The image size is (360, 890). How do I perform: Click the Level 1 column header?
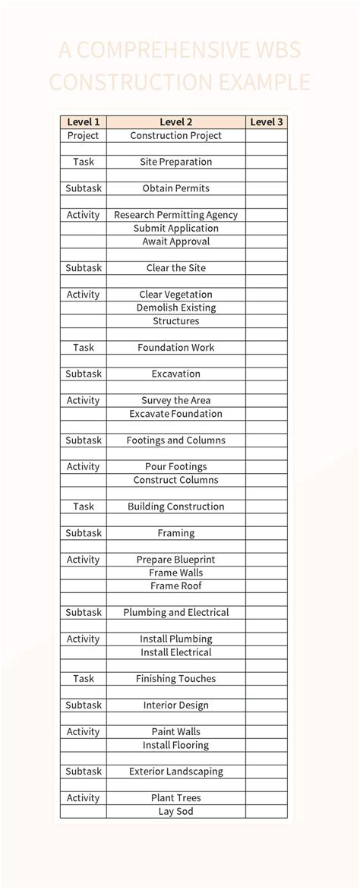pos(84,122)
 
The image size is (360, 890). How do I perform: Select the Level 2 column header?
pos(175,122)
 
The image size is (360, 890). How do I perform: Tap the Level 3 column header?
pos(266,122)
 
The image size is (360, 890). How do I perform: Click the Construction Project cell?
pos(175,135)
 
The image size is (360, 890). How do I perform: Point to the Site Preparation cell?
pos(175,162)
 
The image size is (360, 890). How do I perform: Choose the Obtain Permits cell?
pos(175,188)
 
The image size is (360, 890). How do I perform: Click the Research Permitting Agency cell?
pos(175,215)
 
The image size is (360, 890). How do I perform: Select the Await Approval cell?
pos(175,241)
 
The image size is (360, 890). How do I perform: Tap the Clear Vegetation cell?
pos(175,295)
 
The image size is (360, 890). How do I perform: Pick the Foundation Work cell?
pos(175,348)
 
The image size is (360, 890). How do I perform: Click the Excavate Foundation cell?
pos(175,414)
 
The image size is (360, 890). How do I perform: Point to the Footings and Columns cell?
pos(175,440)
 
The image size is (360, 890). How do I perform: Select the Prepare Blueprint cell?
pos(175,560)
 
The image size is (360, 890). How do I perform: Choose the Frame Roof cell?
pos(175,586)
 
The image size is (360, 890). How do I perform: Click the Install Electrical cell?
pos(175,652)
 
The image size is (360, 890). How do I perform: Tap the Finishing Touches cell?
pos(175,679)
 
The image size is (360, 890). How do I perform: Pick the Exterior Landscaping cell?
pos(175,772)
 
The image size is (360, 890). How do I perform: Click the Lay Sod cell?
pos(175,812)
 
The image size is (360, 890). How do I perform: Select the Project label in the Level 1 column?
pos(84,135)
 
